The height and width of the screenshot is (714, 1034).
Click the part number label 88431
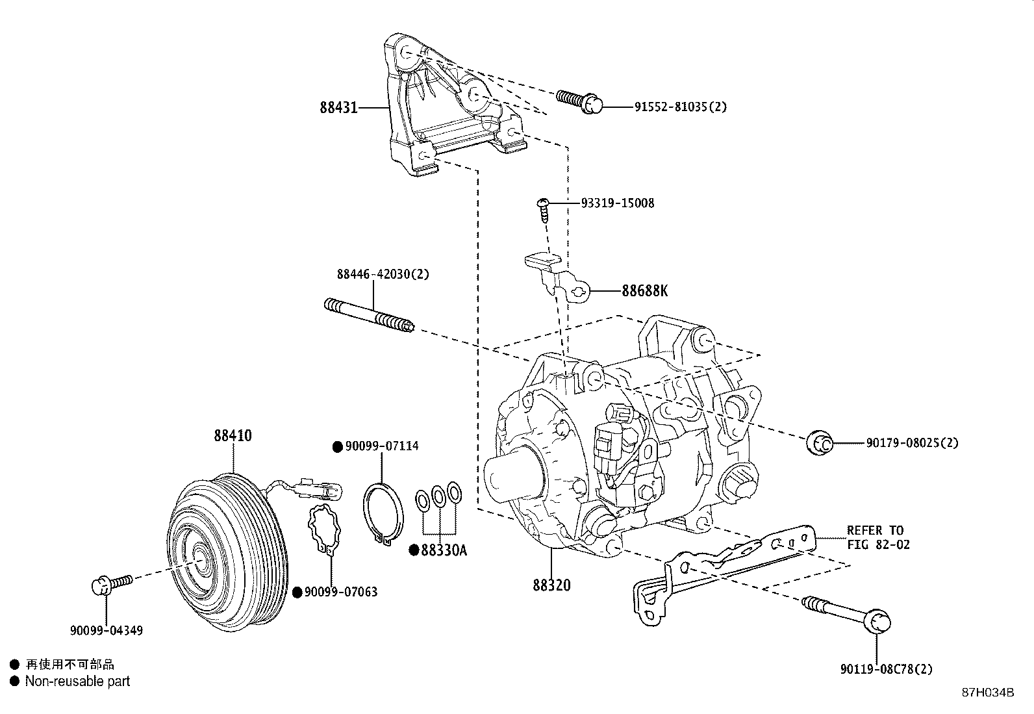click(338, 107)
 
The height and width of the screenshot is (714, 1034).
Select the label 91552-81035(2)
click(680, 107)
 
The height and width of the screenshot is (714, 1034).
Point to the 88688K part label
click(644, 290)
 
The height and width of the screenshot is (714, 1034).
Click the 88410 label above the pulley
click(233, 436)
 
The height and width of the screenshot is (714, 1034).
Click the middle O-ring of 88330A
click(439, 496)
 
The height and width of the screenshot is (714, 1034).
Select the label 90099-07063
click(340, 592)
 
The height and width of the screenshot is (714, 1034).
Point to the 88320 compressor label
click(551, 585)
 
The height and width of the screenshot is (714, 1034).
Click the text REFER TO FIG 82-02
click(877, 537)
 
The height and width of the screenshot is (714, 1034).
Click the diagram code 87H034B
click(987, 693)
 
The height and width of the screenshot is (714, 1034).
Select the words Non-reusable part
click(77, 682)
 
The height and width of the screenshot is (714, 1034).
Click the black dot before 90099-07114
click(337, 446)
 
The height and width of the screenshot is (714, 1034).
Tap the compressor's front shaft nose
click(510, 478)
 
